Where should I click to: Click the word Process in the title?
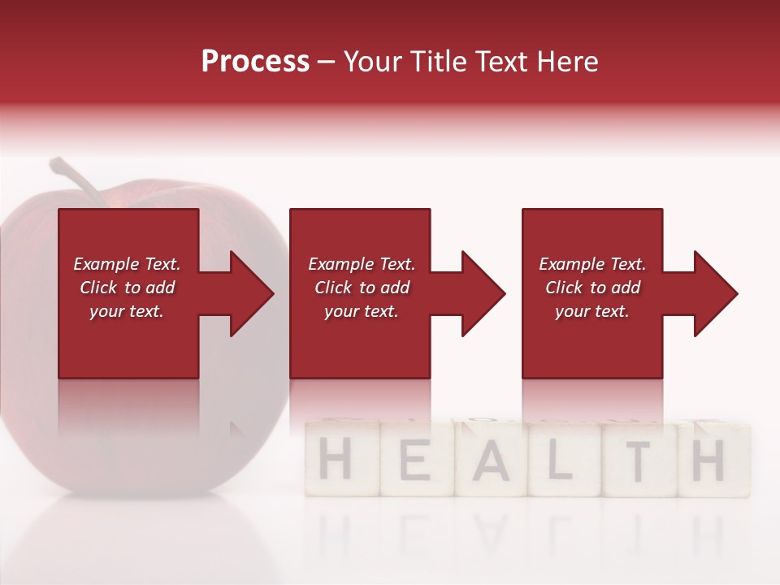255,61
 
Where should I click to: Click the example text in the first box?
128,288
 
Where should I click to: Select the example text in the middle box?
362,288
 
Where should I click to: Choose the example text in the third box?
592,288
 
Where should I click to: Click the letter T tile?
639,461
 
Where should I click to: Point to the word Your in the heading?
370,61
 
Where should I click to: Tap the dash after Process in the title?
327,63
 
